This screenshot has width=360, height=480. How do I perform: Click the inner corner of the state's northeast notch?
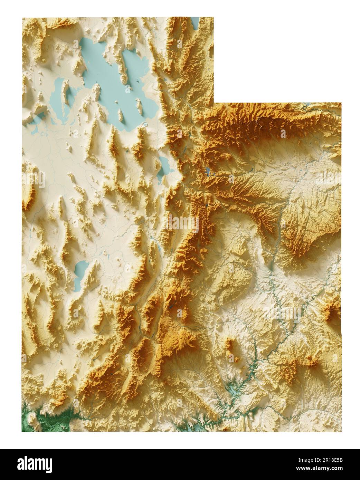(x=214, y=103)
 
